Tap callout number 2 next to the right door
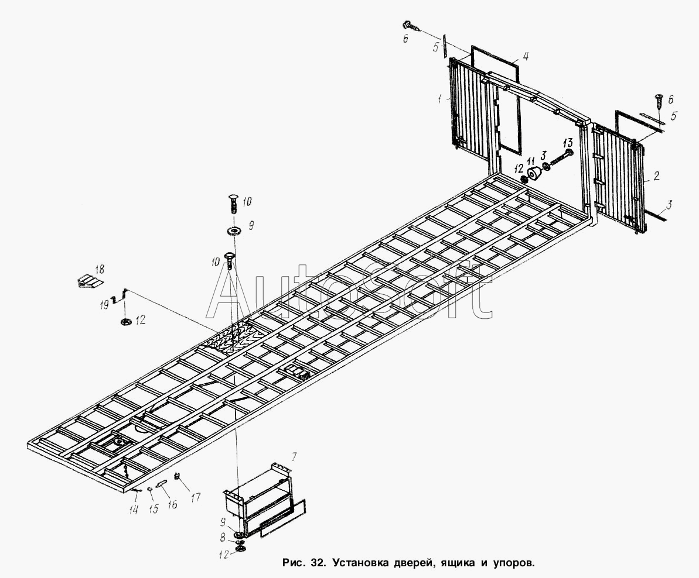[x=657, y=176]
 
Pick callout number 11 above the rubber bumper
[x=531, y=160]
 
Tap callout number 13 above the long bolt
[x=567, y=143]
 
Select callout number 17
[x=195, y=497]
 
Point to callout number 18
[x=100, y=270]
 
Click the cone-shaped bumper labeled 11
[x=534, y=175]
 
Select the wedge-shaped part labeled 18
[x=88, y=281]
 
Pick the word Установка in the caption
[x=360, y=563]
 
